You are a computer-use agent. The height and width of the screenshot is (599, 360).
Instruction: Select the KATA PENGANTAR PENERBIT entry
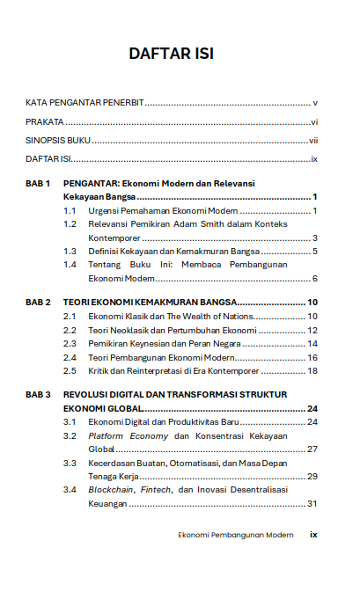[x=84, y=104]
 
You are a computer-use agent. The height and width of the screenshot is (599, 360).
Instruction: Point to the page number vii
[x=312, y=141]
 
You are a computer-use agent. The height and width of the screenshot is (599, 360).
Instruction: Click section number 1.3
[x=70, y=252]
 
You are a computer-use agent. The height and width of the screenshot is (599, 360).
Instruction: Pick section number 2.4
[x=70, y=357]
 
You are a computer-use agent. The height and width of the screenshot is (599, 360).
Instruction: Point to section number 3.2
[x=70, y=435]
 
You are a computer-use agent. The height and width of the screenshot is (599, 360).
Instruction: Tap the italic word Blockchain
[x=110, y=490]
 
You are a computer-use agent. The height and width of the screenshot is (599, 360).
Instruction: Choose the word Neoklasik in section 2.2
[x=129, y=330]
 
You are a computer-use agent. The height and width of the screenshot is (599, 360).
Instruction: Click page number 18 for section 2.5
[x=312, y=371]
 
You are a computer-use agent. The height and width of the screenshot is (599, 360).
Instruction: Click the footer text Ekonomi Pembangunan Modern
[x=235, y=534]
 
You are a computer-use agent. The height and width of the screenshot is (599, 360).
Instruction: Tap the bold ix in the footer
[x=312, y=534]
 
